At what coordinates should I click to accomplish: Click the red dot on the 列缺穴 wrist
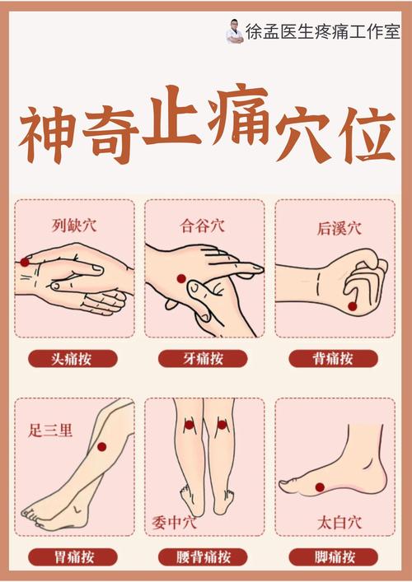(x=25, y=262)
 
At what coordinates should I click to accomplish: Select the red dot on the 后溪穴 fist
(x=353, y=306)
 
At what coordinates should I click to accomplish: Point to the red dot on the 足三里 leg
(x=102, y=447)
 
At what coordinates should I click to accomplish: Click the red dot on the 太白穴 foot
(x=318, y=487)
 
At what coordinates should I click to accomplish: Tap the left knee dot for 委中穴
(x=189, y=426)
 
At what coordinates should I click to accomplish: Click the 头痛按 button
(x=73, y=359)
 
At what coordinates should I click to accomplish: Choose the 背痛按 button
(x=334, y=359)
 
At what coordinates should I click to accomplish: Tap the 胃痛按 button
(x=73, y=557)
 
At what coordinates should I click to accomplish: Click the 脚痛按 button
(x=334, y=557)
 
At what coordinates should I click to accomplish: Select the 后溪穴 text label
(x=339, y=230)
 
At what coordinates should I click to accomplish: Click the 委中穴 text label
(x=174, y=521)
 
